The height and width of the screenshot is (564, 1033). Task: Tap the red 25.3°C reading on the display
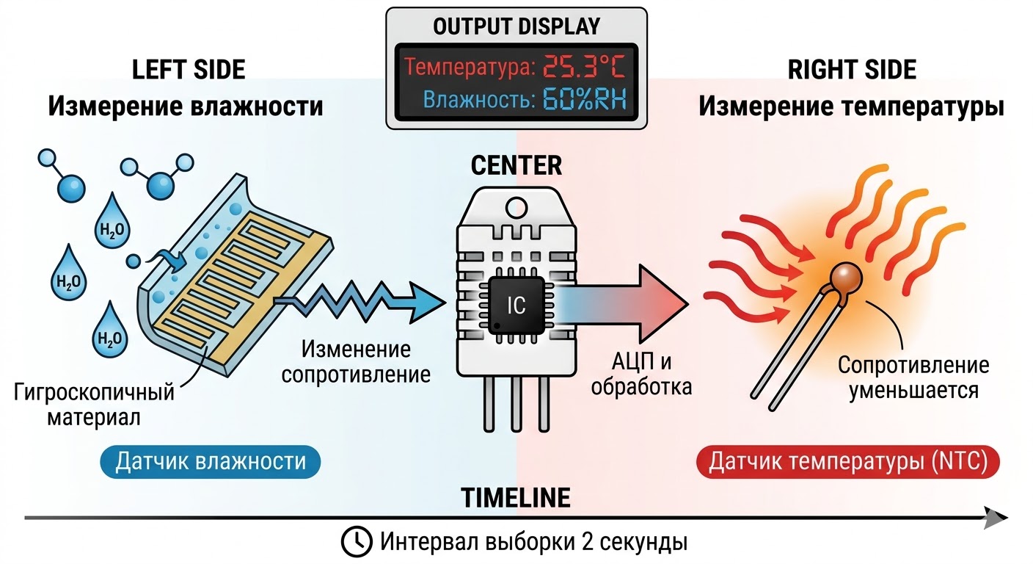pos(584,68)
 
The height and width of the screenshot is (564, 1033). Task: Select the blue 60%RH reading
pos(584,101)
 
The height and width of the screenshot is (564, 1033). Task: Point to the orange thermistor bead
pos(847,279)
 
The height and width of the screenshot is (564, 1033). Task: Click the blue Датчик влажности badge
pos(211,462)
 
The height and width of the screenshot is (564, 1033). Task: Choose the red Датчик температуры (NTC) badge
pos(848,462)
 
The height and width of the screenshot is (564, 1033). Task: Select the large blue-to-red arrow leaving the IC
pos(624,300)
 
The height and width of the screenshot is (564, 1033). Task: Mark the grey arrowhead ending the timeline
pos(996,518)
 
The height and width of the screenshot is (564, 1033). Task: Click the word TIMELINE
pos(516,498)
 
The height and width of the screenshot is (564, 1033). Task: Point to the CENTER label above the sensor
pos(516,165)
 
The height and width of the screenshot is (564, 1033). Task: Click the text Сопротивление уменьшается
pos(913,377)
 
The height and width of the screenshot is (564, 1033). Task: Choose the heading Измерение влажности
pos(186,107)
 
